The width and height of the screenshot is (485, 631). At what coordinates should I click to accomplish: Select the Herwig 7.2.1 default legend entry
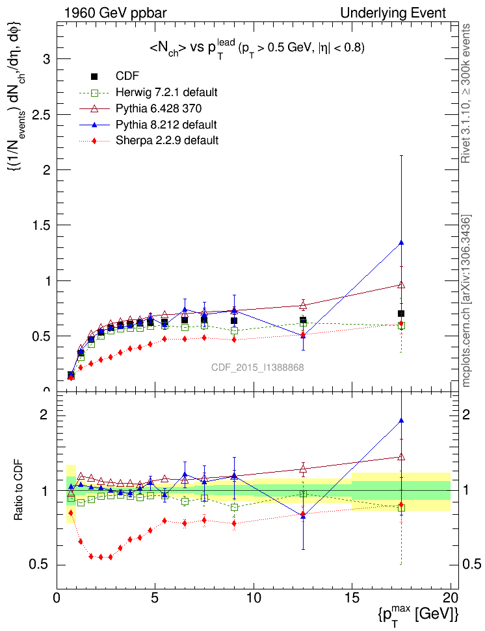coord(166,92)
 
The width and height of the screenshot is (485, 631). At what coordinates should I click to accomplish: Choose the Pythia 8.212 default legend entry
coord(166,124)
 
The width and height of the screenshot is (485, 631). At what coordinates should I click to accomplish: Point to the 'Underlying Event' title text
coord(393,13)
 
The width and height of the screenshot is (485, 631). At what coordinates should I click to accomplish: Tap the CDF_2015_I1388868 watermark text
coord(257,367)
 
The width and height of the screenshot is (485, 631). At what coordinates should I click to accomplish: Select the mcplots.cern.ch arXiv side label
coord(465,301)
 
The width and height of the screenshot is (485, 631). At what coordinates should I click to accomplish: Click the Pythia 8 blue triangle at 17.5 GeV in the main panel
coord(401,243)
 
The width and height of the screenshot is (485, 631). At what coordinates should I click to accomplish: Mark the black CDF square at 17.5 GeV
coord(401,314)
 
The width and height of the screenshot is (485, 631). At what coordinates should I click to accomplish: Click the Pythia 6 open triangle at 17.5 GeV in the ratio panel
coord(401,457)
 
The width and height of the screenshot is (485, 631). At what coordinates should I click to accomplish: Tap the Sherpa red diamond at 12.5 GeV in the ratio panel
coord(303,514)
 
